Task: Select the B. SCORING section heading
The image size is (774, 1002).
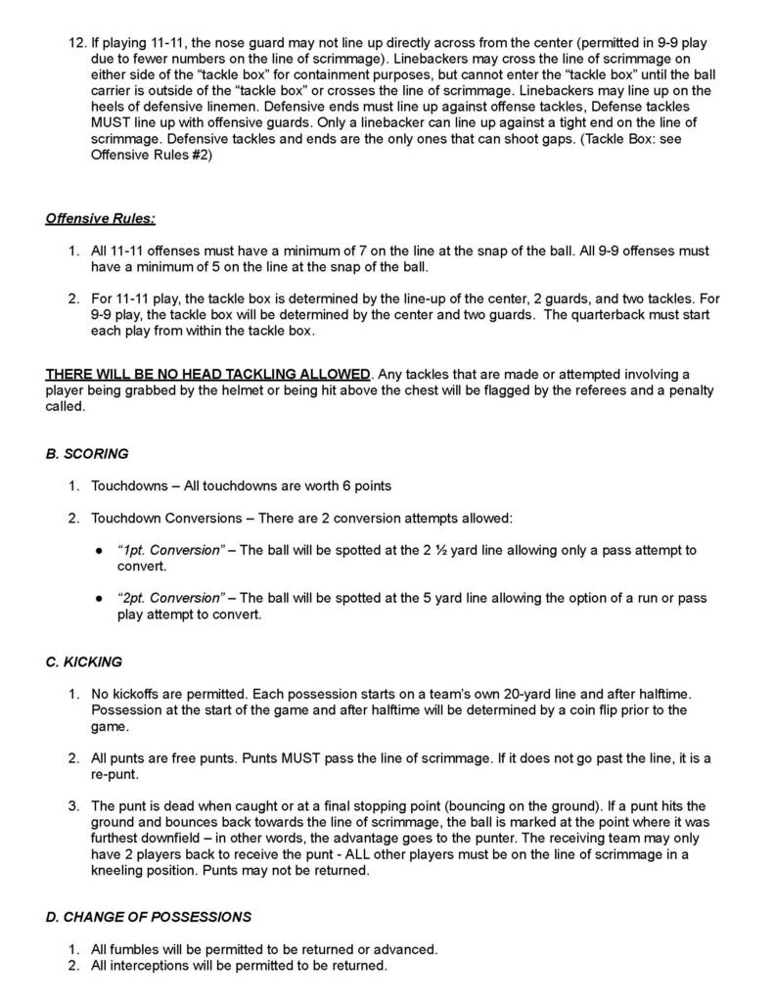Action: pyautogui.click(x=87, y=454)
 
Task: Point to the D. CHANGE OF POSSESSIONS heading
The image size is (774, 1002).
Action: pyautogui.click(x=148, y=917)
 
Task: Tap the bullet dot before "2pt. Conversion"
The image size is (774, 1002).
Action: pyautogui.click(x=100, y=597)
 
